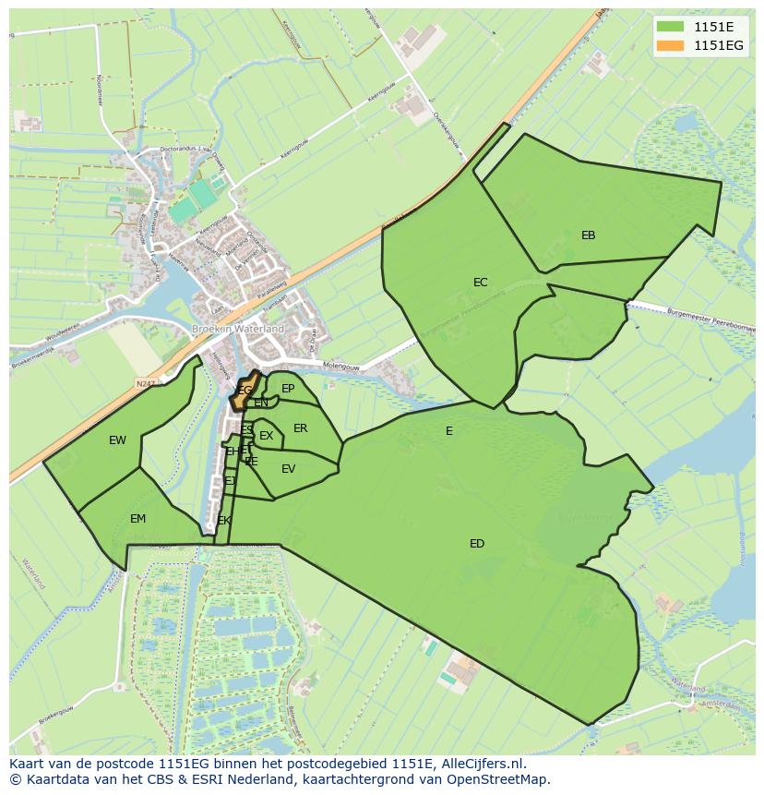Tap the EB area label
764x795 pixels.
tap(588, 235)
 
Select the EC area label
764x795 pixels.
tap(480, 283)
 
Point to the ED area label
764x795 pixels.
tap(476, 544)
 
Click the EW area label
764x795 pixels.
tap(117, 440)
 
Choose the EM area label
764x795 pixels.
tap(137, 519)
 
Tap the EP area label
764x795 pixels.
tap(288, 389)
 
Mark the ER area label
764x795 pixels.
tap(300, 428)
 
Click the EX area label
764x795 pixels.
tap(266, 436)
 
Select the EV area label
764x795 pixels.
tap(288, 469)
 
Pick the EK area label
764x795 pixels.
tap(224, 521)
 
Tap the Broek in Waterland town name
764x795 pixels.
tap(237, 329)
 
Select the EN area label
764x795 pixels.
tap(261, 403)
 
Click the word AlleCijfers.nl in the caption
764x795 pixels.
tap(479, 764)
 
